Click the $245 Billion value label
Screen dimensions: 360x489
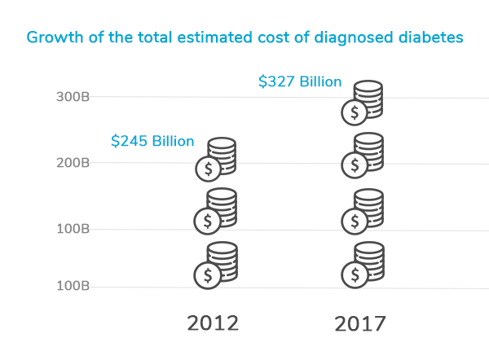pos(152,141)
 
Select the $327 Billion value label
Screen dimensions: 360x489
pos(300,81)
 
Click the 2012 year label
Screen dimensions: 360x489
pos(213,323)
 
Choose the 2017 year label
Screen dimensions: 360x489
pos(359,323)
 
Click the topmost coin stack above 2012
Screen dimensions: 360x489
pos(216,157)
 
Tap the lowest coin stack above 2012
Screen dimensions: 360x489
pos(216,263)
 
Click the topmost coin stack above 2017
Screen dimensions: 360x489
pos(363,102)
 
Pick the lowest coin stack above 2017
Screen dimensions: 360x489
pos(363,263)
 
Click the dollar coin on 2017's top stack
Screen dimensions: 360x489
pos(354,112)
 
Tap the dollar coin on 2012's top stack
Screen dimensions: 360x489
pos(208,169)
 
